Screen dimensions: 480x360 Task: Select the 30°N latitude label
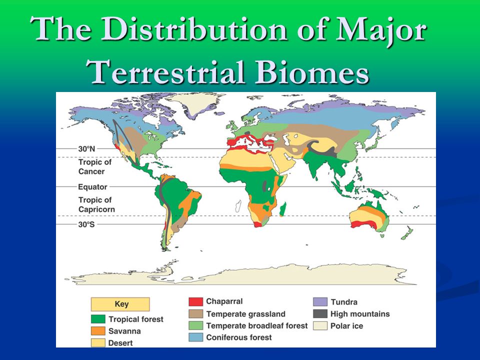86,149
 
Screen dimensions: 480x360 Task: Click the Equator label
92,186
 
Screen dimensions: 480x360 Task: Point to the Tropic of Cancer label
94,166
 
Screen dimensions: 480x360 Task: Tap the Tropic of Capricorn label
96,204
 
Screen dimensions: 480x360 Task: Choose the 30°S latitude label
86,224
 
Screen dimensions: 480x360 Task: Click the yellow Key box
120,304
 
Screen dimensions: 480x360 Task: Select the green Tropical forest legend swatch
98,319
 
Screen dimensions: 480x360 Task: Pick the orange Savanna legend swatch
98,331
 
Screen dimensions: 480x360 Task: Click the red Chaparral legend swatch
195,301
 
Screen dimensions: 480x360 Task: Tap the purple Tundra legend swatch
320,302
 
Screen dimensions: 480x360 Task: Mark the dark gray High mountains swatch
320,314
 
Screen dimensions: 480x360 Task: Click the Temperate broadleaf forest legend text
257,325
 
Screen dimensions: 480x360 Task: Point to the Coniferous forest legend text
239,337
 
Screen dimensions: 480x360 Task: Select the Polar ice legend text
346,325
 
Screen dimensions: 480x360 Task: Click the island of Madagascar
283,209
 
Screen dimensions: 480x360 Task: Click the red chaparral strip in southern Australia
363,224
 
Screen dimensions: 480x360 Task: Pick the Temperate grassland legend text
246,314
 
